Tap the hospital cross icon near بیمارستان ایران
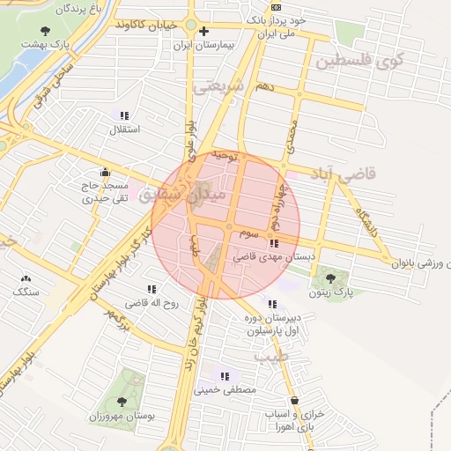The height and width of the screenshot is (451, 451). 203,32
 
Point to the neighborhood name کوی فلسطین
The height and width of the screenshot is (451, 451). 364,63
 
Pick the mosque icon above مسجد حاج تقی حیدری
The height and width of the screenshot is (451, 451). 106,173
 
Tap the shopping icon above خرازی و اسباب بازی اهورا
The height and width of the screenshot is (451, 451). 305,399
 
